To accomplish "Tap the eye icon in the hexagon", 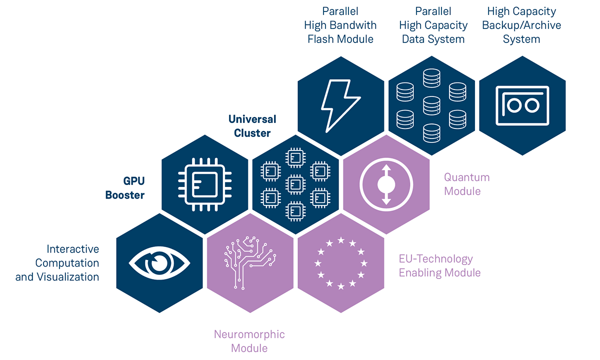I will [159, 262].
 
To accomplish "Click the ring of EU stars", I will [340, 263].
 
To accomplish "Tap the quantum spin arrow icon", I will [385, 184].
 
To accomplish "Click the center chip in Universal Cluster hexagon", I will [295, 184].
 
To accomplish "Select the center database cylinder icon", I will [431, 105].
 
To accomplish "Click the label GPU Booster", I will [125, 188].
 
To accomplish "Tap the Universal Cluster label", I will [252, 126].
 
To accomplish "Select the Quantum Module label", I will [466, 184].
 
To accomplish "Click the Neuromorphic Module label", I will [249, 341].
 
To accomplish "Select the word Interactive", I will [73, 249].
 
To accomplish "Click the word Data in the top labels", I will [414, 39].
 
